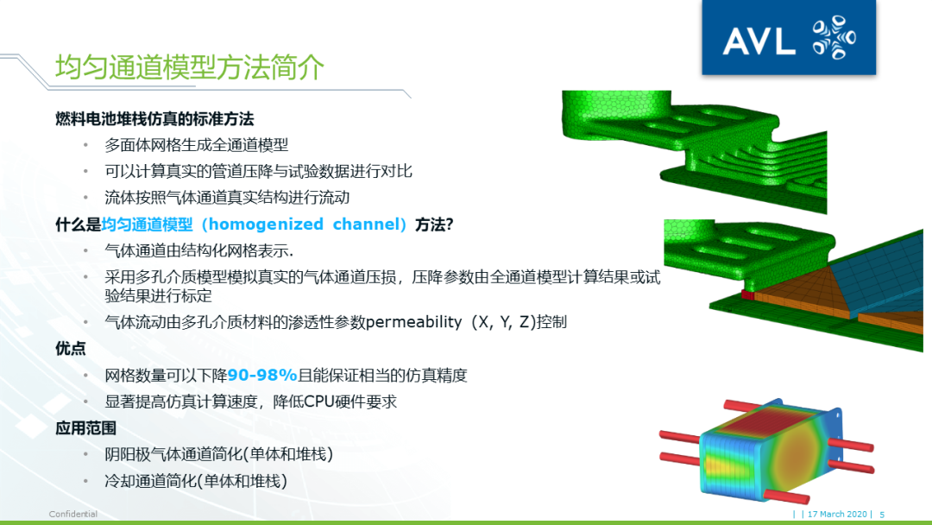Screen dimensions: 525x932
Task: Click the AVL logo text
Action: (x=759, y=41)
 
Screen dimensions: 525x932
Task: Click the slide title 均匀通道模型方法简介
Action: (x=190, y=66)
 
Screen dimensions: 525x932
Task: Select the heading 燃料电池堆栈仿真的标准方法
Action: (x=154, y=119)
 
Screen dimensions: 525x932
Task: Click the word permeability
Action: (x=414, y=323)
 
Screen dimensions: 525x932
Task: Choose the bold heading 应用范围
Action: (x=85, y=427)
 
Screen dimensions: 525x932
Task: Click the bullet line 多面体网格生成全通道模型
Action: (x=196, y=145)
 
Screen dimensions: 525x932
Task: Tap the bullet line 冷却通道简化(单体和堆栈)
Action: (x=195, y=480)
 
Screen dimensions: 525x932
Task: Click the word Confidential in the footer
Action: (x=72, y=515)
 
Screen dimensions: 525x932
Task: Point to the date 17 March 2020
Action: (x=839, y=515)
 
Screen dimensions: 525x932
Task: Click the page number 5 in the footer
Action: (x=882, y=515)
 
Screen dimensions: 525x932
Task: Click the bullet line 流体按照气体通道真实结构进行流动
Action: (x=227, y=197)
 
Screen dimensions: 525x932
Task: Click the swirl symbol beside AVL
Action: (x=834, y=39)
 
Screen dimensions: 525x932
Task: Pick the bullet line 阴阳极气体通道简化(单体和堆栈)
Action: (x=218, y=454)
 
